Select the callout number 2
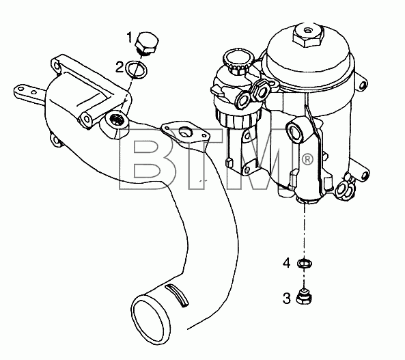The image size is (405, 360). (x=119, y=68)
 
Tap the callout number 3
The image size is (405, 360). (x=286, y=299)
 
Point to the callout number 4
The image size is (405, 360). (x=286, y=264)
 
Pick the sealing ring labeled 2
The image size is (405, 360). (x=137, y=69)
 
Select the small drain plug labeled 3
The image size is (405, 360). (x=304, y=297)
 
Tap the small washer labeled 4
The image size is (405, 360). (x=305, y=264)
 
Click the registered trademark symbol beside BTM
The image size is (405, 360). (x=307, y=159)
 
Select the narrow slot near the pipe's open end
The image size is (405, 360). (x=176, y=295)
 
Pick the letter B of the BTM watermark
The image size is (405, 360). (x=148, y=159)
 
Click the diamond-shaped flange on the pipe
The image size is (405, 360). (x=184, y=132)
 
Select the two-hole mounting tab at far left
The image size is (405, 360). (x=29, y=92)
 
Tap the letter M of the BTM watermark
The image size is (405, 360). (x=259, y=159)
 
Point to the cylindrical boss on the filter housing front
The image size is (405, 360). (x=298, y=130)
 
